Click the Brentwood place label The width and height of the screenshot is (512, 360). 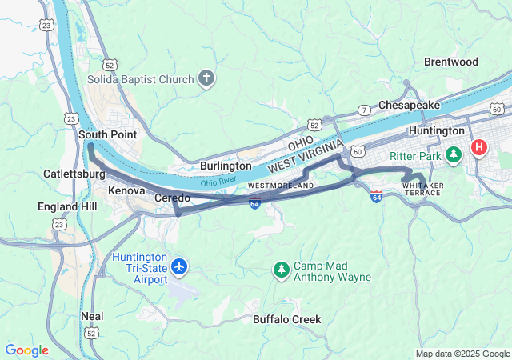tap(450, 62)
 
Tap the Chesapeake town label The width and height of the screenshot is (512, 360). tap(409, 105)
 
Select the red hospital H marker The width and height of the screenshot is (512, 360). tap(479, 147)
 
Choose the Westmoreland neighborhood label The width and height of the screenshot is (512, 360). tap(280, 186)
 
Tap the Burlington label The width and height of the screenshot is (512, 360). tap(226, 166)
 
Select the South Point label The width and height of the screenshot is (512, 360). tap(107, 134)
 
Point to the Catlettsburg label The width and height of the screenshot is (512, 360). tap(74, 174)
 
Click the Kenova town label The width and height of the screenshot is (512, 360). tap(126, 192)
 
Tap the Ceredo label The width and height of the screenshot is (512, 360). tap(172, 198)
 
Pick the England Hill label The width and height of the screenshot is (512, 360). tap(67, 206)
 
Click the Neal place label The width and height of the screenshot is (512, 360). tap(92, 316)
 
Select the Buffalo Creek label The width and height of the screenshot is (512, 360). tap(286, 319)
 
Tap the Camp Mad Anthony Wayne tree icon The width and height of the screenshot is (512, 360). tap(281, 270)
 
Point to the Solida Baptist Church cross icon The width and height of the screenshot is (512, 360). tap(206, 79)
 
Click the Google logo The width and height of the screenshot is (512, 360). tap(26, 350)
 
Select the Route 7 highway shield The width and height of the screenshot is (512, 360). tap(364, 110)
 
